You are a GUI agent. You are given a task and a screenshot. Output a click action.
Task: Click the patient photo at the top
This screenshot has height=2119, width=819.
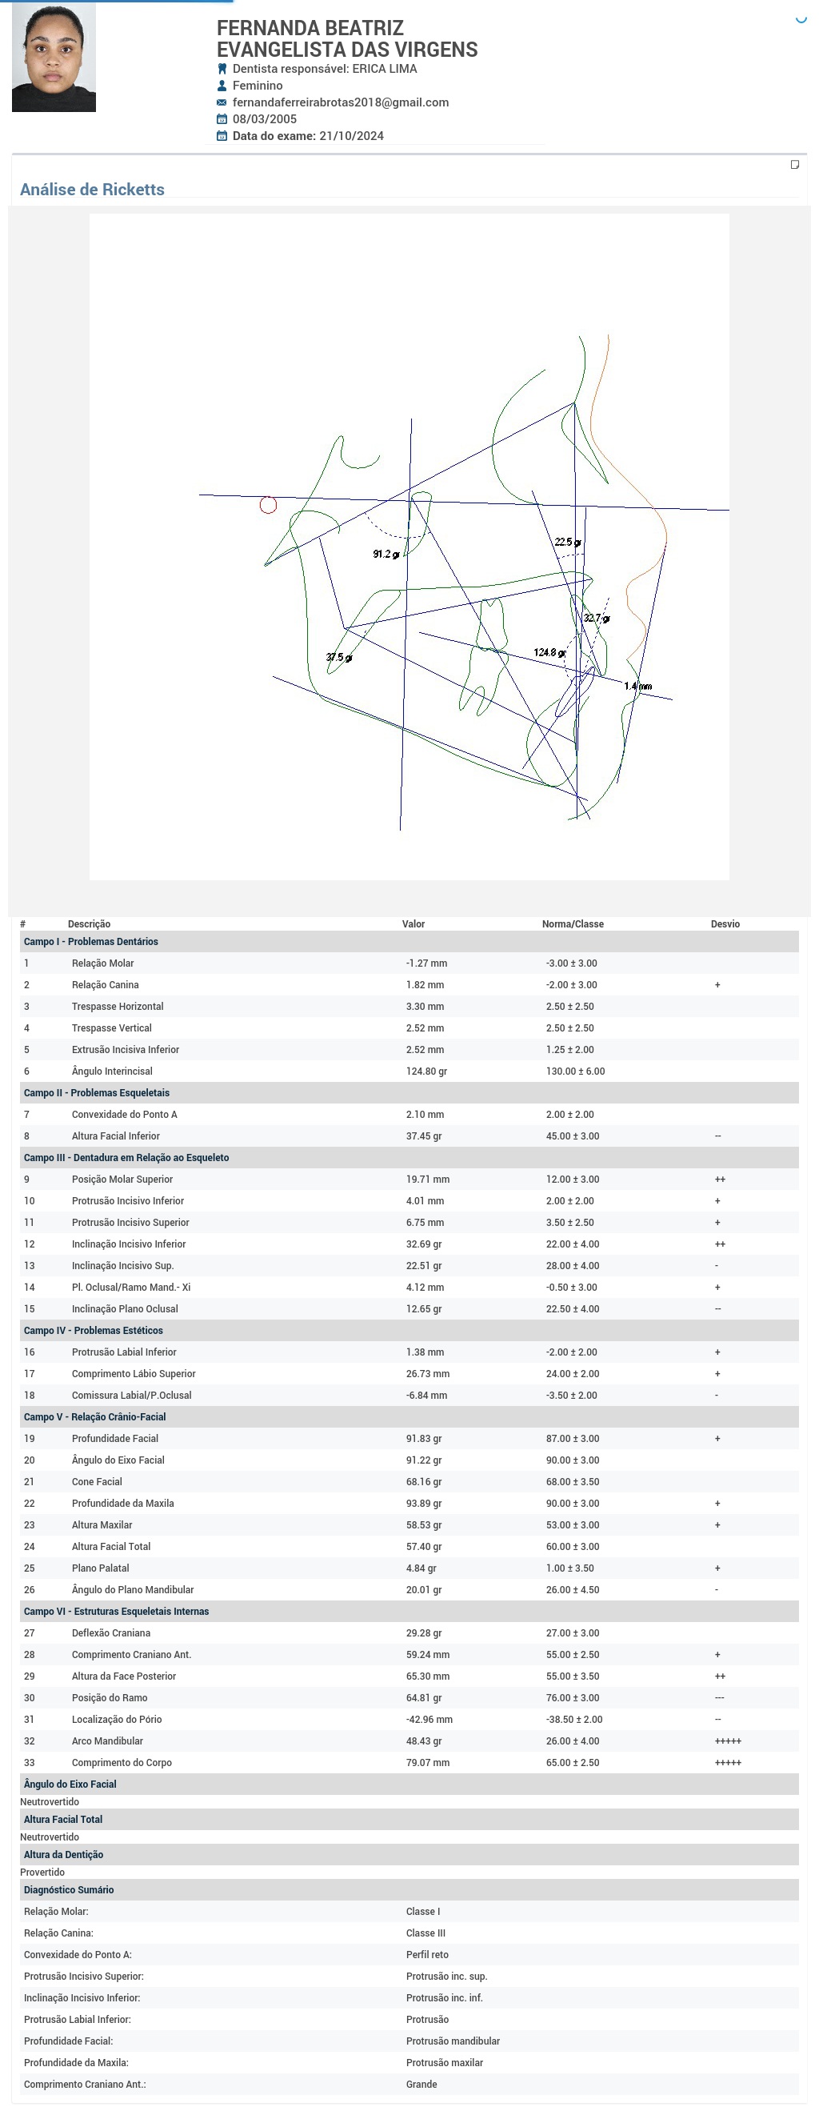point(54,58)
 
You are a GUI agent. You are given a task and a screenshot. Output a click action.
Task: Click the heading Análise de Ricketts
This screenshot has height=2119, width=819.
point(92,189)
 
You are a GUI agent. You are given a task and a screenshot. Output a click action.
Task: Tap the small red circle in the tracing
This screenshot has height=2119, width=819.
point(268,505)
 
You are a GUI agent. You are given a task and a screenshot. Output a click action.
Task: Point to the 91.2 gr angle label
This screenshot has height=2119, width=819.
point(386,555)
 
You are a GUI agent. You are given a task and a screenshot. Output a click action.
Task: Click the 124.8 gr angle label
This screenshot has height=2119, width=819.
point(549,652)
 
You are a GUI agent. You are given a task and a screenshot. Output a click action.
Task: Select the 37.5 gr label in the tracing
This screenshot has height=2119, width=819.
point(339,657)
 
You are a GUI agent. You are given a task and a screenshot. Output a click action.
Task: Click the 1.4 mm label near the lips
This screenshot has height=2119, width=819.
point(637,686)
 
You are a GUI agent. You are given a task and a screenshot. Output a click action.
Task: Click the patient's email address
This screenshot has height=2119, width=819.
point(341,102)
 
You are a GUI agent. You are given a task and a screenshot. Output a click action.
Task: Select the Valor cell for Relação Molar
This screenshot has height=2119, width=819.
point(426,963)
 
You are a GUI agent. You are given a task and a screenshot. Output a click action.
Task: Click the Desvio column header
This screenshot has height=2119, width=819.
point(725,923)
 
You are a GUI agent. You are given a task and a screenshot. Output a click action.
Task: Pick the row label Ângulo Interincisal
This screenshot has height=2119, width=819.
point(112,1071)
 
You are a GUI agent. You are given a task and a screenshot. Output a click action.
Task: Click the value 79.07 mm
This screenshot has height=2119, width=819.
point(428,1763)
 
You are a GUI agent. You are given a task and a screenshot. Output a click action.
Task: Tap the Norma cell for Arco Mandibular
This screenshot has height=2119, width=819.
point(573,1741)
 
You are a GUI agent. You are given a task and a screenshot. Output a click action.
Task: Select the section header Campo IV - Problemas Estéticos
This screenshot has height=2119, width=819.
point(93,1330)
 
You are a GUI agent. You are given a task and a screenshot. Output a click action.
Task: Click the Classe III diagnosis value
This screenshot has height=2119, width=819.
point(425,1933)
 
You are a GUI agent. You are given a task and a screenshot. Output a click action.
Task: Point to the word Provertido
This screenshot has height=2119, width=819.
point(42,1873)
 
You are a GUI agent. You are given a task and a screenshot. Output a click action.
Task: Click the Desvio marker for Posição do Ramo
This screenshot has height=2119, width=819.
point(720,1698)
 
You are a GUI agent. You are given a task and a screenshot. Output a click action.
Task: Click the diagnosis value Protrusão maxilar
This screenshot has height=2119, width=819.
point(444,2062)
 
